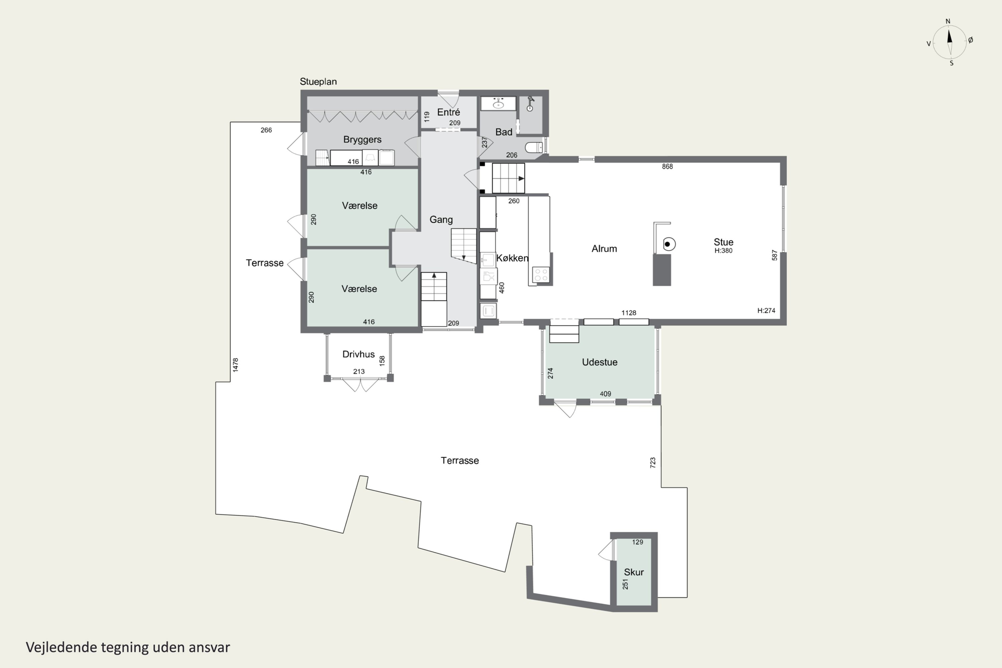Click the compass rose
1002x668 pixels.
(x=950, y=42)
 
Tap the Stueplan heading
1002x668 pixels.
(x=318, y=81)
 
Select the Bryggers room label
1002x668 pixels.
(x=362, y=139)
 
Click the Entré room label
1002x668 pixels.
(x=449, y=112)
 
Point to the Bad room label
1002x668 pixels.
(x=504, y=132)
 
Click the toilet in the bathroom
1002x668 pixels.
(x=533, y=147)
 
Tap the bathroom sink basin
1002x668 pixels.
(x=498, y=104)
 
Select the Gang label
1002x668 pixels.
(x=441, y=219)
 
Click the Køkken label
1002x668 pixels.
(x=512, y=258)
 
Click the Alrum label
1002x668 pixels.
(x=604, y=248)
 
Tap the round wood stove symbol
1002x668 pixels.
(x=668, y=244)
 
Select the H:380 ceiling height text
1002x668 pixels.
(x=723, y=251)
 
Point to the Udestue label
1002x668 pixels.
(x=600, y=362)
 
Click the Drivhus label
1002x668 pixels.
(x=358, y=354)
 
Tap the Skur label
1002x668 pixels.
(x=634, y=572)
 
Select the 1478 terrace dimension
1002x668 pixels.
(x=235, y=365)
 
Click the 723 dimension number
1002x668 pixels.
(x=653, y=463)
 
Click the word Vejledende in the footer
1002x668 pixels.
(x=61, y=647)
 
